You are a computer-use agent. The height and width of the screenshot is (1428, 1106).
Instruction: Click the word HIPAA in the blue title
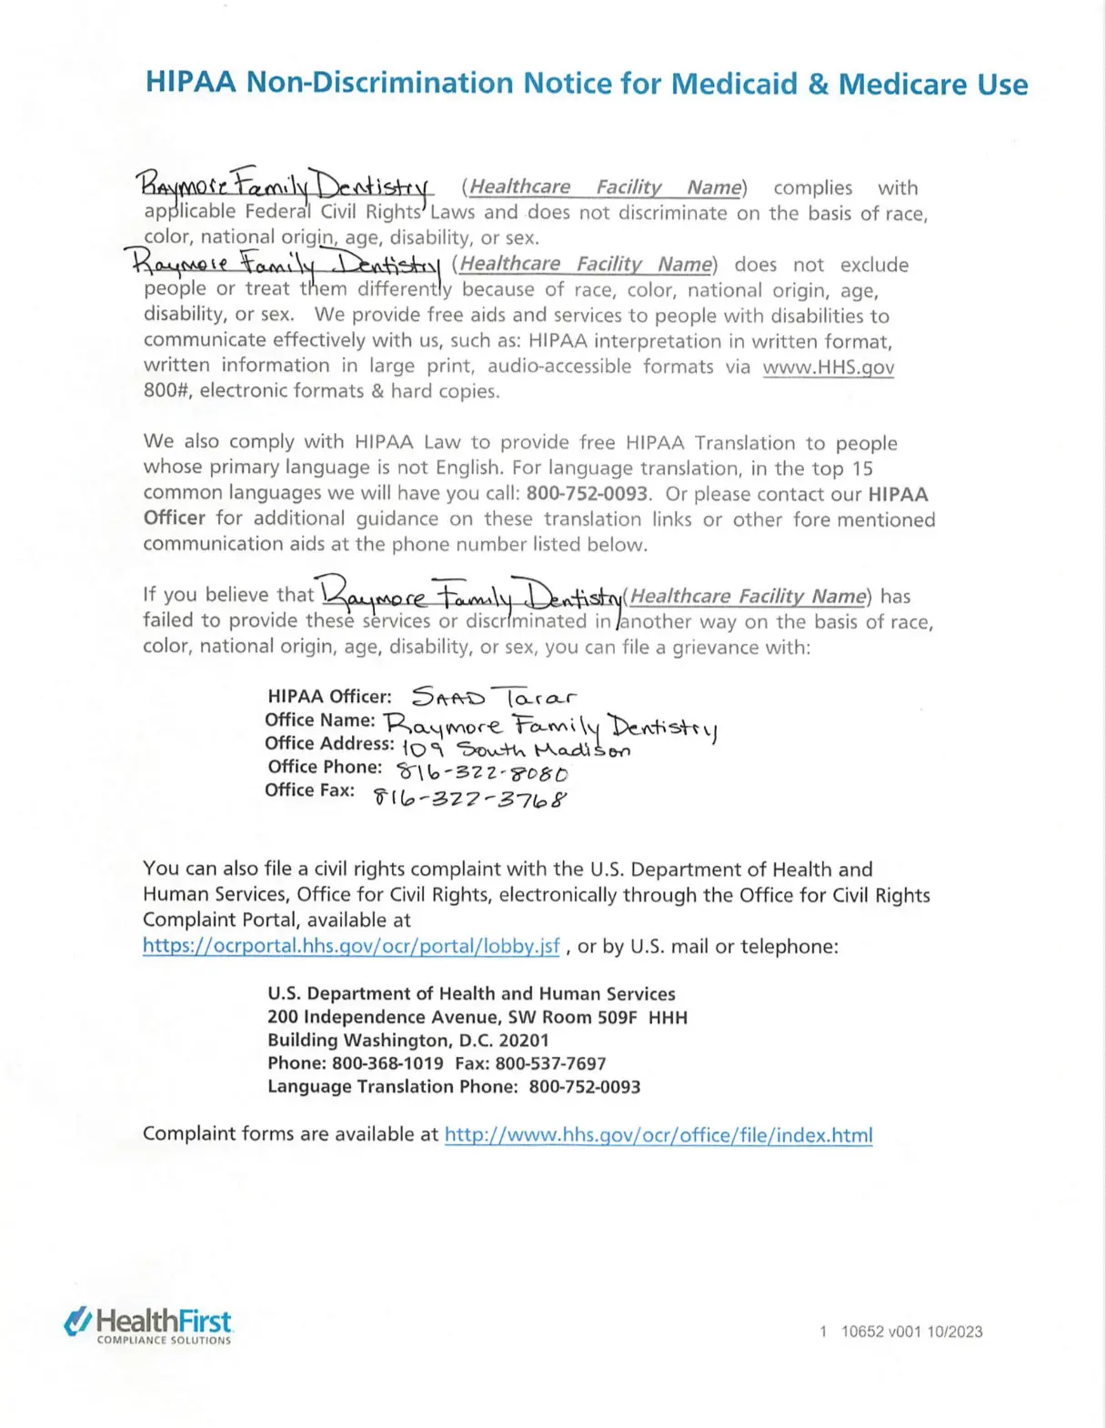coord(191,83)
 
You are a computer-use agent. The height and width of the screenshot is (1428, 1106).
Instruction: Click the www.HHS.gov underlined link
coord(828,367)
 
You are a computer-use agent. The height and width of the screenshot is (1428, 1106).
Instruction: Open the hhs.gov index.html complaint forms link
coord(658,1134)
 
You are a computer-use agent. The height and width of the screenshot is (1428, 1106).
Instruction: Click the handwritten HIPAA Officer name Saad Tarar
coord(493,698)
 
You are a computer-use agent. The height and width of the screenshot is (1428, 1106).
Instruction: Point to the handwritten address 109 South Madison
coord(516,749)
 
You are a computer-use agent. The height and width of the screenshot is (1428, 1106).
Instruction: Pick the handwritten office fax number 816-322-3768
coord(470,799)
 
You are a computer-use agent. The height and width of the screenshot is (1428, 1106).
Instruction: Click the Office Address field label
coord(328,743)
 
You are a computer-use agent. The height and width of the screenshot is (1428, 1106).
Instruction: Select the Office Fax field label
coord(309,789)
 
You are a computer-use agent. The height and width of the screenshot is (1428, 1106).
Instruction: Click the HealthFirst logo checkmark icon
coord(77,1321)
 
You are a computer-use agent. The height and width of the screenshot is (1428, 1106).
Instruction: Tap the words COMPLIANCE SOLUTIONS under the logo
coord(164,1340)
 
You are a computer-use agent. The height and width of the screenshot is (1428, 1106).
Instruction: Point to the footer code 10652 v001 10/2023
coord(911,1332)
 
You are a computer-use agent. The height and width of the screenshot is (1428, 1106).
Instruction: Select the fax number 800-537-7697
coord(550,1062)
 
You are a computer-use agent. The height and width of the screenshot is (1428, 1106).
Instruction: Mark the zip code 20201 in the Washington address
coord(524,1040)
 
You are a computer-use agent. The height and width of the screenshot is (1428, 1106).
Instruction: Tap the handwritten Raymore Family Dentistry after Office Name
coord(549,726)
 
